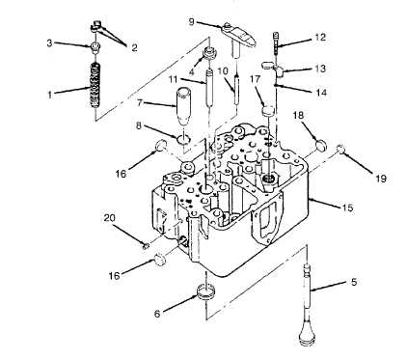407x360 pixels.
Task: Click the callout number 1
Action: coord(50,95)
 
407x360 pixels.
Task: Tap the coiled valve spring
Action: coord(95,85)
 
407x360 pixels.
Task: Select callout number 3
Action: coord(49,42)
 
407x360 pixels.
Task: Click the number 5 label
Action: coord(354,282)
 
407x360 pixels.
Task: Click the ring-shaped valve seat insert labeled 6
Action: coord(206,292)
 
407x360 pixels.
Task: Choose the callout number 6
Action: coord(157,314)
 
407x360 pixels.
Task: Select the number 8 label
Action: coord(139,125)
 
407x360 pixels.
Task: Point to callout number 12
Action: coord(320,38)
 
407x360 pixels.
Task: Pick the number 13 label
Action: coord(320,69)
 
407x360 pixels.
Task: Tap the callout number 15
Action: coord(347,208)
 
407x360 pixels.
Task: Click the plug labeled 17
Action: coord(268,111)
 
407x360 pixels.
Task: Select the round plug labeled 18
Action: coord(321,144)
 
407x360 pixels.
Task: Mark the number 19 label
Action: coord(381,178)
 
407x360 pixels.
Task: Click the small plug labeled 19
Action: coord(340,149)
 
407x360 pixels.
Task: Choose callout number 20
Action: coord(110,218)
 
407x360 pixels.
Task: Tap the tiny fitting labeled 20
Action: coord(146,246)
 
